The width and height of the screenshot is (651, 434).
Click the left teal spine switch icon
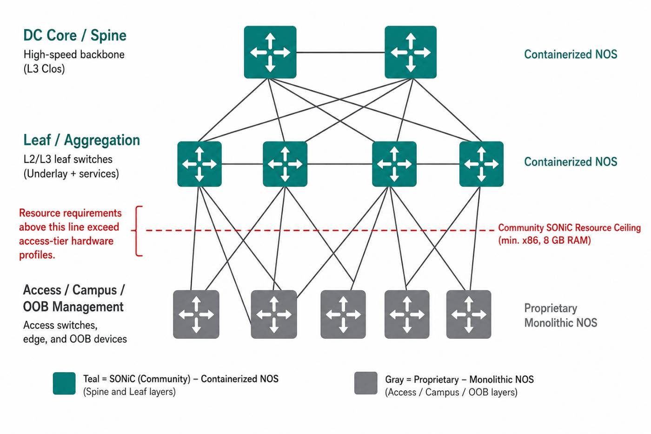point(270,52)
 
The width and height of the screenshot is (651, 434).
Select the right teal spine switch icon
point(410,52)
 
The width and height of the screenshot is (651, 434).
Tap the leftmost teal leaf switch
point(199,164)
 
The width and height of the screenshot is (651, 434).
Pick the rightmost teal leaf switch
point(481,164)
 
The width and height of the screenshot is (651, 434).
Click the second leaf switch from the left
point(285,164)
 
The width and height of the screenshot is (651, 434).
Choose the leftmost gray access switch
point(196,314)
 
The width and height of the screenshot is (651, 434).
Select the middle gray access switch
point(343,314)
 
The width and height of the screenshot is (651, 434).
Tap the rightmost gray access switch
point(469,314)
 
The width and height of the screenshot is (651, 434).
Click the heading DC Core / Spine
point(75,35)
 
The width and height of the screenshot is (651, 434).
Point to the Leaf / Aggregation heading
point(81,140)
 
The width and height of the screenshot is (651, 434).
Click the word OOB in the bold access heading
point(36,307)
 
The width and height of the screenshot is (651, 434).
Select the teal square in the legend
point(64,383)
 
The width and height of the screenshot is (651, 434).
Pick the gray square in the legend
point(366,383)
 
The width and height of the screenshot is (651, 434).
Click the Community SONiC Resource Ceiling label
point(569,227)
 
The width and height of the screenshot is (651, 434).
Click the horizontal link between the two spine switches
point(340,52)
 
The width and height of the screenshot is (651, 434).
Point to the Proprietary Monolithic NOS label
point(561,315)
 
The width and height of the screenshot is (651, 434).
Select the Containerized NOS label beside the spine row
point(571,54)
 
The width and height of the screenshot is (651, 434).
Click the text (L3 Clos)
point(44,69)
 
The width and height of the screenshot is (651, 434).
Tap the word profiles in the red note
point(37,255)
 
